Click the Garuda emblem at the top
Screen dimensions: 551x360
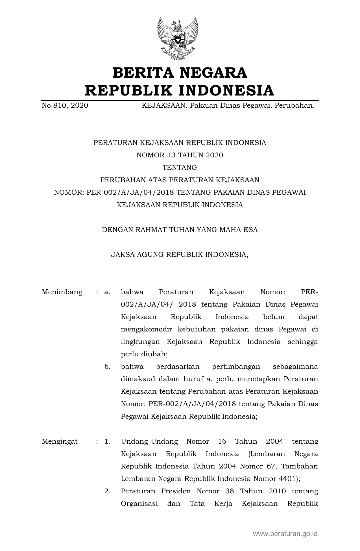178,38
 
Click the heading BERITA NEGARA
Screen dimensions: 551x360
180,73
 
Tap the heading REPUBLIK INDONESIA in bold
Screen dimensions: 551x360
180,91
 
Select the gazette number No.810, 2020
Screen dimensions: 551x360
65,106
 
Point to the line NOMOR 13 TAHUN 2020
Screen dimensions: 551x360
180,155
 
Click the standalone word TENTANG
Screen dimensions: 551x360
180,168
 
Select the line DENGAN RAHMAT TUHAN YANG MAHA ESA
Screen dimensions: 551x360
180,230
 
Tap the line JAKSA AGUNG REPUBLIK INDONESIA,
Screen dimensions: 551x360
180,255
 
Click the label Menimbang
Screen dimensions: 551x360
62,292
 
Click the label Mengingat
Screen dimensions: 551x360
60,441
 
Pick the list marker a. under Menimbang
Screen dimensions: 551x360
107,292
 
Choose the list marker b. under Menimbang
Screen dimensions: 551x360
107,367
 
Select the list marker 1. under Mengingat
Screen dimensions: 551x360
107,441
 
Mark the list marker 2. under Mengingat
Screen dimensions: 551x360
107,491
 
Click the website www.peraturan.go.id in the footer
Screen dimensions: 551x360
285,533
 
